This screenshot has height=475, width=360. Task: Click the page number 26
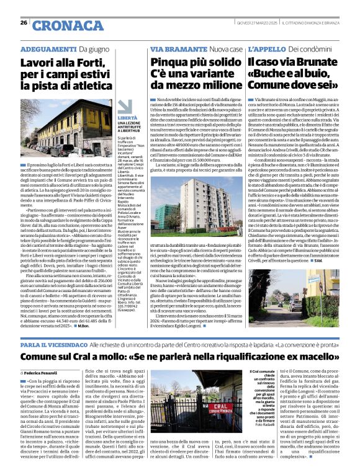(x=24, y=22)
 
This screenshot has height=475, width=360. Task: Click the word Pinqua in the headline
(x=168, y=63)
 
